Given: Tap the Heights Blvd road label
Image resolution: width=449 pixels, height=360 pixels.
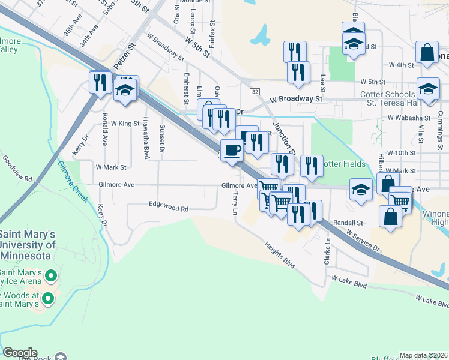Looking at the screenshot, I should [282, 255].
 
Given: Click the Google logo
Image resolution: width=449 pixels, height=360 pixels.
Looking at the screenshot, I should [20, 353].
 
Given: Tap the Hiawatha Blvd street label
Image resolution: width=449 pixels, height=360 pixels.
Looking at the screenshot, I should [146, 130].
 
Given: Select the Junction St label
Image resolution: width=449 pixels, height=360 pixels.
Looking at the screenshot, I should [285, 136].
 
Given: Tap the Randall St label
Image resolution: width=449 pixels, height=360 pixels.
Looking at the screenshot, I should [352, 223].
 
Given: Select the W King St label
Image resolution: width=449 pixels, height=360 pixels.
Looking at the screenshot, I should [125, 123].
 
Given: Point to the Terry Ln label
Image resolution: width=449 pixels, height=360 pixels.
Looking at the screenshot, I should [235, 203].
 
